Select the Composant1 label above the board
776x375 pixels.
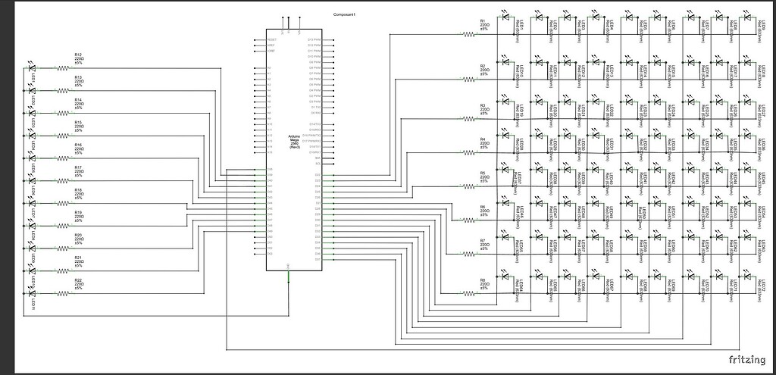click(x=345, y=15)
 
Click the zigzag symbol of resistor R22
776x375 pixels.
click(x=63, y=293)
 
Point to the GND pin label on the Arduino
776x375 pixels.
click(x=289, y=266)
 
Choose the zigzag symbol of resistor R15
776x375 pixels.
click(x=63, y=136)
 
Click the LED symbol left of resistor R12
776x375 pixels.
click(x=32, y=67)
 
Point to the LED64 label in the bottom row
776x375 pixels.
click(x=521, y=288)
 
